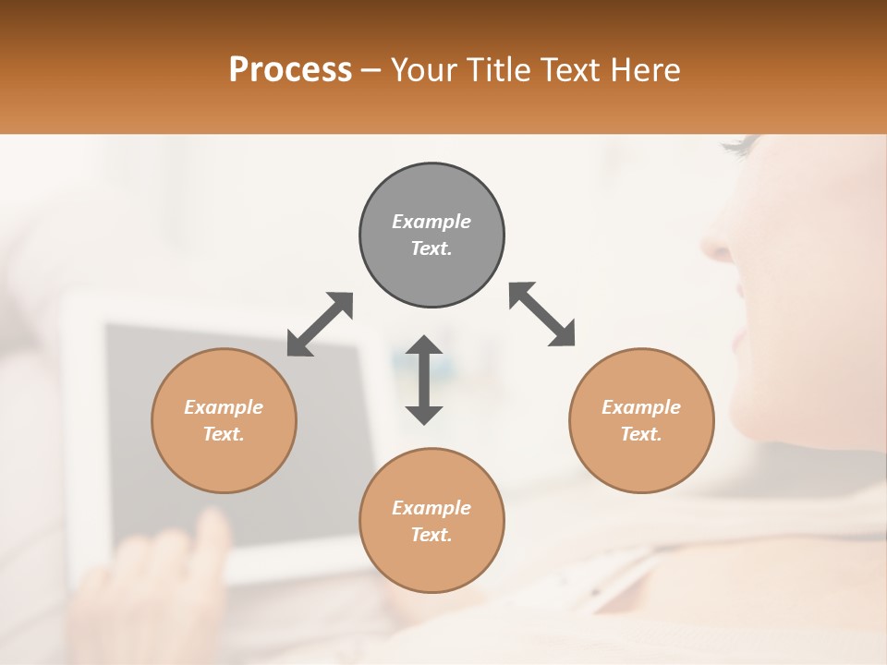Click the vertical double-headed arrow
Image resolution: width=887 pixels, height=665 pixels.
424,380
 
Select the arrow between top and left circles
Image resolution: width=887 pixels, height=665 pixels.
320,324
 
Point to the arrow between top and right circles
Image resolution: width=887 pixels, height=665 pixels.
542,314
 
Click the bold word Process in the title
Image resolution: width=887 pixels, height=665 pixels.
290,69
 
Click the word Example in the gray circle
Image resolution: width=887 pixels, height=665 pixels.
431,222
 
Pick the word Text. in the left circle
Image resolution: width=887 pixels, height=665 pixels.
224,434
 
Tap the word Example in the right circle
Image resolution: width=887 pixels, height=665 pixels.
641,407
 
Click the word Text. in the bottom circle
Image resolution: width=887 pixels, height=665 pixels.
431,535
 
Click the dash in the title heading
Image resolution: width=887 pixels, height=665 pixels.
371,70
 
